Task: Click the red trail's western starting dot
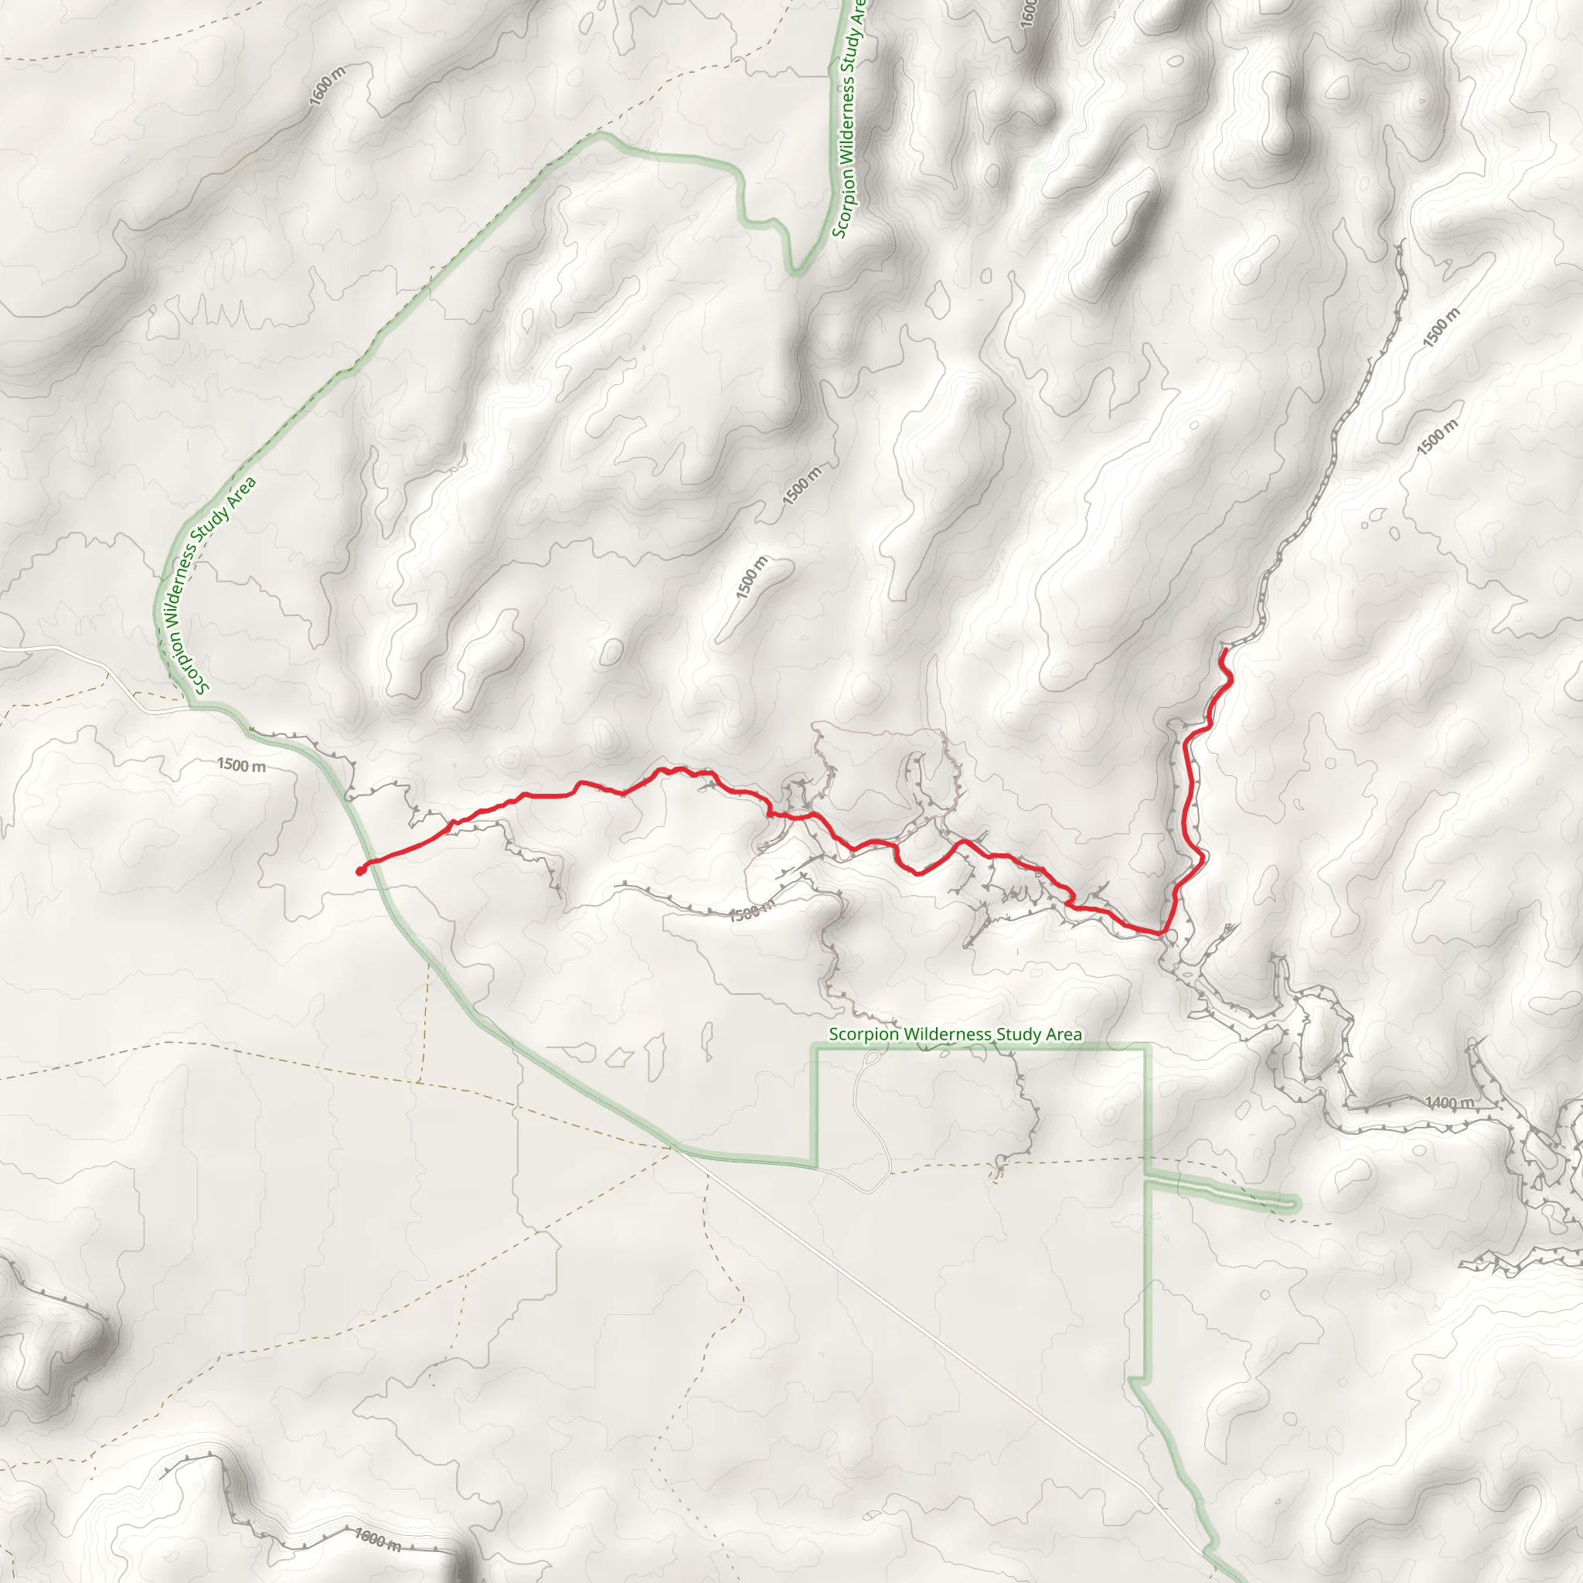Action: (x=359, y=871)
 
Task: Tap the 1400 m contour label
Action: (x=1449, y=1103)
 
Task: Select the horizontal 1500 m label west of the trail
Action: (x=241, y=765)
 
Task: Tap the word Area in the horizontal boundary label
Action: (x=1064, y=1034)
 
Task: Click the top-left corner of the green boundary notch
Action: (x=815, y=1047)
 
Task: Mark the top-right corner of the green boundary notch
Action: (x=1147, y=1047)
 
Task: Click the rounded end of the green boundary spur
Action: (x=1294, y=1203)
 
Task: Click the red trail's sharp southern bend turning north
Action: (x=1162, y=932)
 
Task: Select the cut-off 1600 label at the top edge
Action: (x=1029, y=12)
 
